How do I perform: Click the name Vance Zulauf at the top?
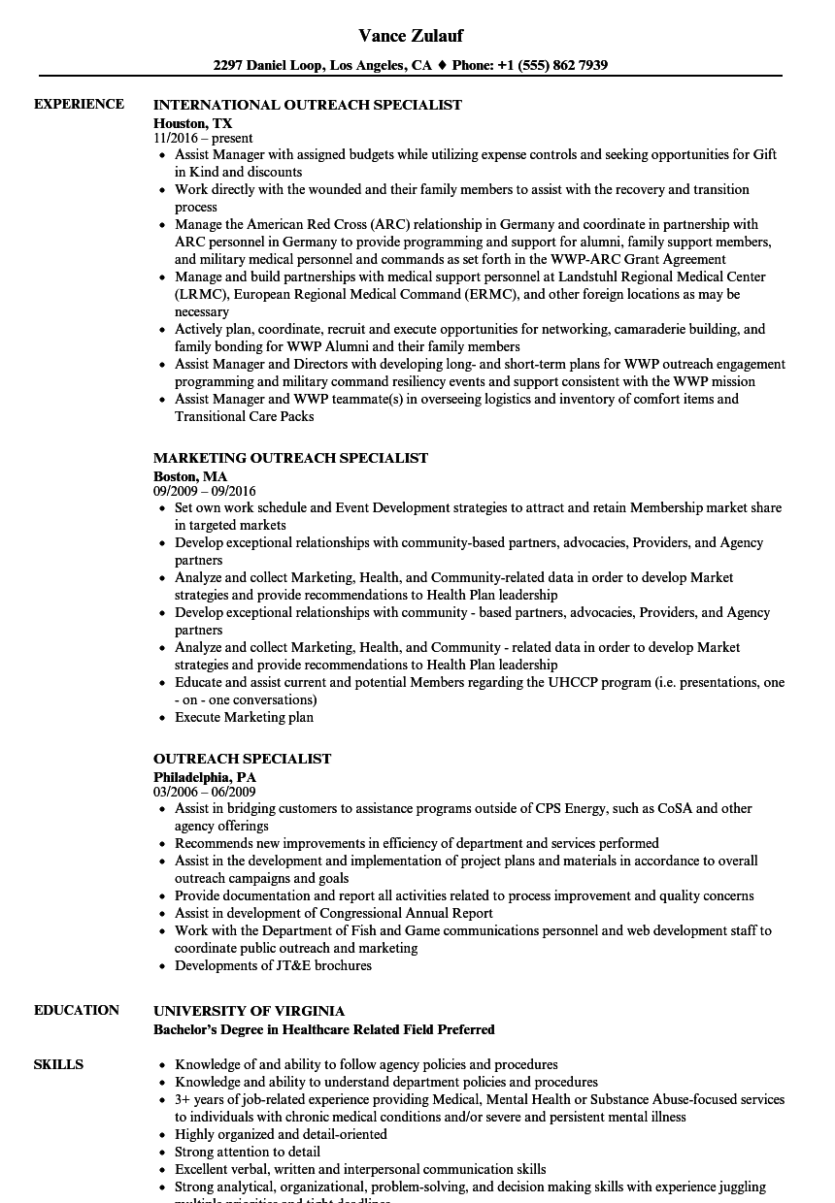tap(411, 36)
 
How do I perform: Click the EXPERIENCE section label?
tap(79, 104)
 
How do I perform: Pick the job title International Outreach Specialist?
tap(308, 105)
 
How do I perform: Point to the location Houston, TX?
tap(193, 123)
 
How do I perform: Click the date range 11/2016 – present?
tap(203, 139)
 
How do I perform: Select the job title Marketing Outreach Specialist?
tap(290, 458)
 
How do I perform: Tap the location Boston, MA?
tap(190, 476)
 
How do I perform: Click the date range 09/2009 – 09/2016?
tap(205, 492)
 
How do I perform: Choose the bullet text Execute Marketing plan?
tap(244, 717)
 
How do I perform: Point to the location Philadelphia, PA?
tap(205, 777)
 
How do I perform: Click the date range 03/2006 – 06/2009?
tap(205, 793)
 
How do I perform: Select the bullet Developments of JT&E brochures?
tap(273, 965)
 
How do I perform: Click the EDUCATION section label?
tap(77, 1010)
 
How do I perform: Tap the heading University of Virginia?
tap(249, 1011)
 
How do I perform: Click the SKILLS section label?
tap(58, 1064)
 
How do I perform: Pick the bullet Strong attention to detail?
tap(247, 1152)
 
